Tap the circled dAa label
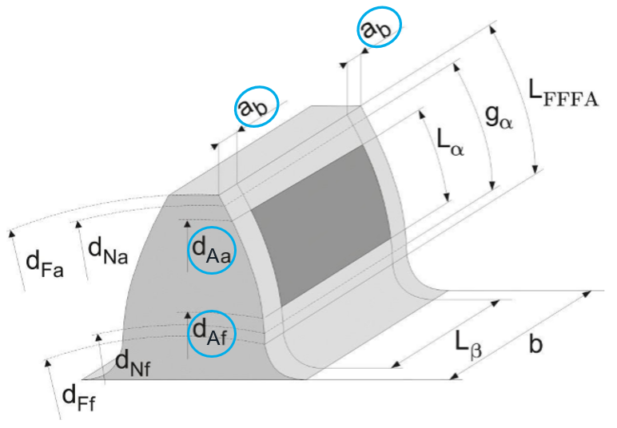(212, 250)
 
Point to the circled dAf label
(212, 333)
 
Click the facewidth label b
(537, 344)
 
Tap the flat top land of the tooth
(264, 148)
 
